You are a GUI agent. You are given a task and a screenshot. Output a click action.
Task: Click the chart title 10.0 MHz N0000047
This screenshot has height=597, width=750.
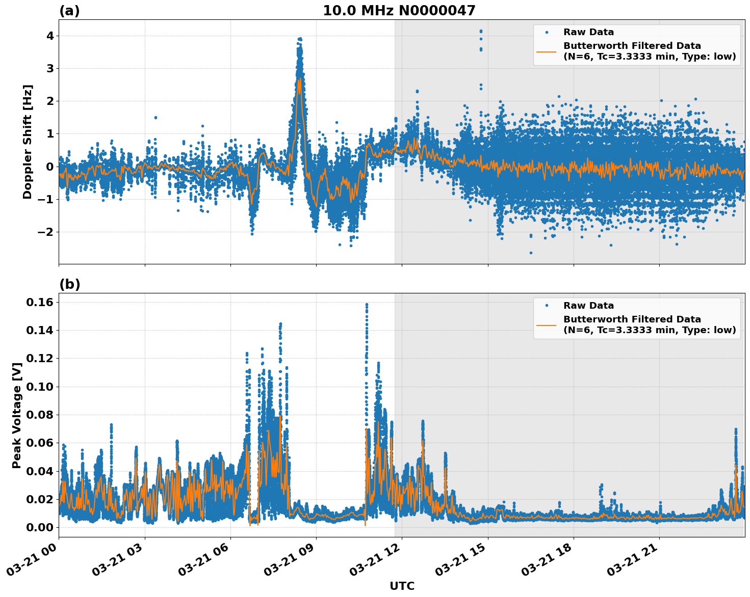[399, 11]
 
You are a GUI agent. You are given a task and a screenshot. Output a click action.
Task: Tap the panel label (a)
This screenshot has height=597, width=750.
[69, 11]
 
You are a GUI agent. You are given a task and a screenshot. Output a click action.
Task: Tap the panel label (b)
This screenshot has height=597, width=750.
[69, 284]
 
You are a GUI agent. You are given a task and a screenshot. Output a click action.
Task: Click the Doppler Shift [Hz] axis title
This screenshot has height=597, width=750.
[28, 142]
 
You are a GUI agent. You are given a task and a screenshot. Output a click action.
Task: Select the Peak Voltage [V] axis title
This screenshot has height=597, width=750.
[17, 415]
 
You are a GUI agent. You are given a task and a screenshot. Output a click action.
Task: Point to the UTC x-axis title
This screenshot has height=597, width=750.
[402, 586]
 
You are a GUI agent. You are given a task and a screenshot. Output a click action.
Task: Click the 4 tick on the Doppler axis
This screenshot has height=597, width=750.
[50, 36]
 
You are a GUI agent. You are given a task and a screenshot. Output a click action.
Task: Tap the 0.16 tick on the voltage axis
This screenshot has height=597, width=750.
[40, 303]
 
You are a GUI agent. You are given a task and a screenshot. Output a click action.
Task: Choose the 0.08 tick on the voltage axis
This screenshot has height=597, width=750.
[40, 415]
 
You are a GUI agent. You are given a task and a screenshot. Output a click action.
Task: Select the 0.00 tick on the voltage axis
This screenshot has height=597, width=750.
[40, 527]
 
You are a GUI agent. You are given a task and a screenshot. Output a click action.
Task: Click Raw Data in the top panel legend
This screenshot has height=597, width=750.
[588, 32]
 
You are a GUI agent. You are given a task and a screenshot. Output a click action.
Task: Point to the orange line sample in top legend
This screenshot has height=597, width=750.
[547, 51]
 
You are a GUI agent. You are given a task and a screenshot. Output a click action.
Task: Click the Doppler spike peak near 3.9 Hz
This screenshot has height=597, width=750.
[300, 39]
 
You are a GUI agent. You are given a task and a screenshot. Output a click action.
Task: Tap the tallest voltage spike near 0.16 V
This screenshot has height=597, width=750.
[366, 305]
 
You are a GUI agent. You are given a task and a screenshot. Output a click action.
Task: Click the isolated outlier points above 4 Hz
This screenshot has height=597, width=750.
[480, 32]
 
